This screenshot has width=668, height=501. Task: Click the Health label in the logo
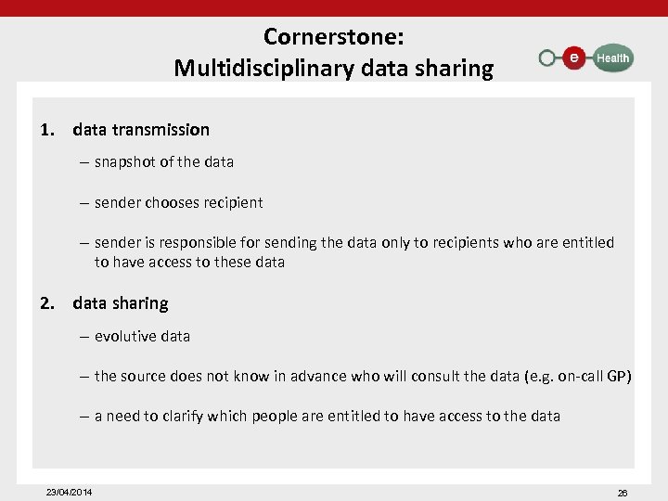[x=612, y=58]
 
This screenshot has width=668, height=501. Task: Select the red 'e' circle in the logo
[x=574, y=58]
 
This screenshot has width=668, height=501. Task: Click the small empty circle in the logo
[x=547, y=58]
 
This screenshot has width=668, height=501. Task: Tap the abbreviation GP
[x=619, y=376]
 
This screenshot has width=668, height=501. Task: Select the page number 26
[x=623, y=493]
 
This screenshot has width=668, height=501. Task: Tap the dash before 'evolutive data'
[x=84, y=336]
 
